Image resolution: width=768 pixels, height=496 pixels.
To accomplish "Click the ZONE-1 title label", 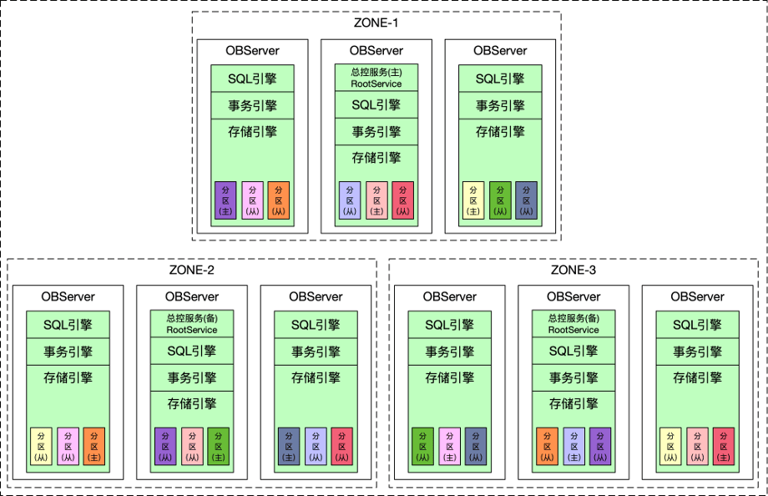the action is [x=376, y=23].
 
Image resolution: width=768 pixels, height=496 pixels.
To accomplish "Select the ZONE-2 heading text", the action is [x=191, y=270].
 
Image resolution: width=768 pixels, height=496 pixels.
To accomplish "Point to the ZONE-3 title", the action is [x=573, y=270].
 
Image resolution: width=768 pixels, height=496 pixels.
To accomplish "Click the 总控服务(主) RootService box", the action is [x=376, y=78].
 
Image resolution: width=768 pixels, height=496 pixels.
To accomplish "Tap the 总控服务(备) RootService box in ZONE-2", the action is [x=191, y=323].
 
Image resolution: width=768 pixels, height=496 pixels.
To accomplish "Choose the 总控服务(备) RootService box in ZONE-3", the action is [x=573, y=323].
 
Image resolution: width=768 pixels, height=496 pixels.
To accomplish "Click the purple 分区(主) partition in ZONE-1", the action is [x=225, y=200].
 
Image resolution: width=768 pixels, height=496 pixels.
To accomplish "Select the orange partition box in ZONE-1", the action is [x=278, y=200].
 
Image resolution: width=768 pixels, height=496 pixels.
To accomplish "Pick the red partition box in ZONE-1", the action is [x=402, y=200].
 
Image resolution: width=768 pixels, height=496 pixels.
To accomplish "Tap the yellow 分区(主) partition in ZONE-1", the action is [x=473, y=200].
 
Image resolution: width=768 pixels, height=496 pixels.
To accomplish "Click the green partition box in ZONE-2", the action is [x=219, y=446].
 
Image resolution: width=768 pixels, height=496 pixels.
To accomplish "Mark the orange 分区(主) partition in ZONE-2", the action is [x=94, y=446].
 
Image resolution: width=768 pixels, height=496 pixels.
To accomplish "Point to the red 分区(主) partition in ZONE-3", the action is [x=724, y=446].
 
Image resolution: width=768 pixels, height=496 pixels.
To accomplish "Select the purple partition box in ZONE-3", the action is [x=600, y=446].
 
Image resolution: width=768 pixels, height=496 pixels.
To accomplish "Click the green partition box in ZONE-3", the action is [x=422, y=446].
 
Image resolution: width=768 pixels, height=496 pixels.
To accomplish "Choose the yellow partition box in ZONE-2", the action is [x=41, y=446].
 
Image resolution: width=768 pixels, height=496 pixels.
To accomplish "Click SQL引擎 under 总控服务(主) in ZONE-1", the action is [x=376, y=105].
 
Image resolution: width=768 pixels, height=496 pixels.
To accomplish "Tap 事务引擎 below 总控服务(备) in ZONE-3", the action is [x=573, y=378].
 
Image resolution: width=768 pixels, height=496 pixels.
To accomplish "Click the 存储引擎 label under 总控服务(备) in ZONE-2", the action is [x=191, y=404].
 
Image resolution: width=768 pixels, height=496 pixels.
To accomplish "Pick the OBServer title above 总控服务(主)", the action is [x=376, y=50].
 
